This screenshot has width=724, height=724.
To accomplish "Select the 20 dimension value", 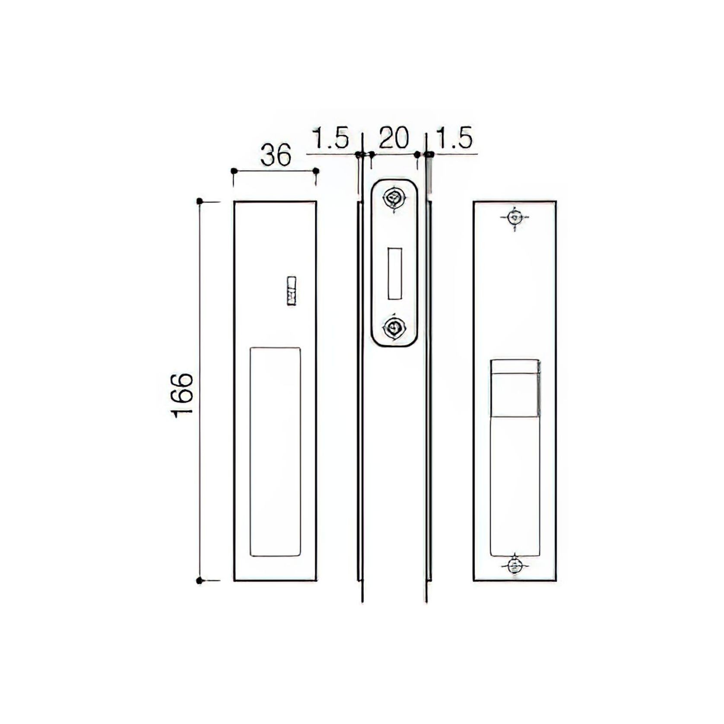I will click(x=394, y=138).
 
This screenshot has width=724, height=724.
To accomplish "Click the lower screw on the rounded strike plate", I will click(x=393, y=328).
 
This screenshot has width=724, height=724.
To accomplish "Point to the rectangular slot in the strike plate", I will click(x=395, y=273).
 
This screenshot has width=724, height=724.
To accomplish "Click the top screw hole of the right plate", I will click(x=514, y=217).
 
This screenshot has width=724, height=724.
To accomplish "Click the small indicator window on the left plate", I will click(x=292, y=291).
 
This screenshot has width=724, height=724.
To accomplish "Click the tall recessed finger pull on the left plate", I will click(x=275, y=451).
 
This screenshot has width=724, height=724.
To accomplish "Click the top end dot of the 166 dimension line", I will click(x=199, y=201).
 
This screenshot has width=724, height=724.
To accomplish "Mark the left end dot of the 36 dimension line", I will click(x=234, y=171).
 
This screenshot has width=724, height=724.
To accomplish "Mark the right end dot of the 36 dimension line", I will click(x=316, y=171).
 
